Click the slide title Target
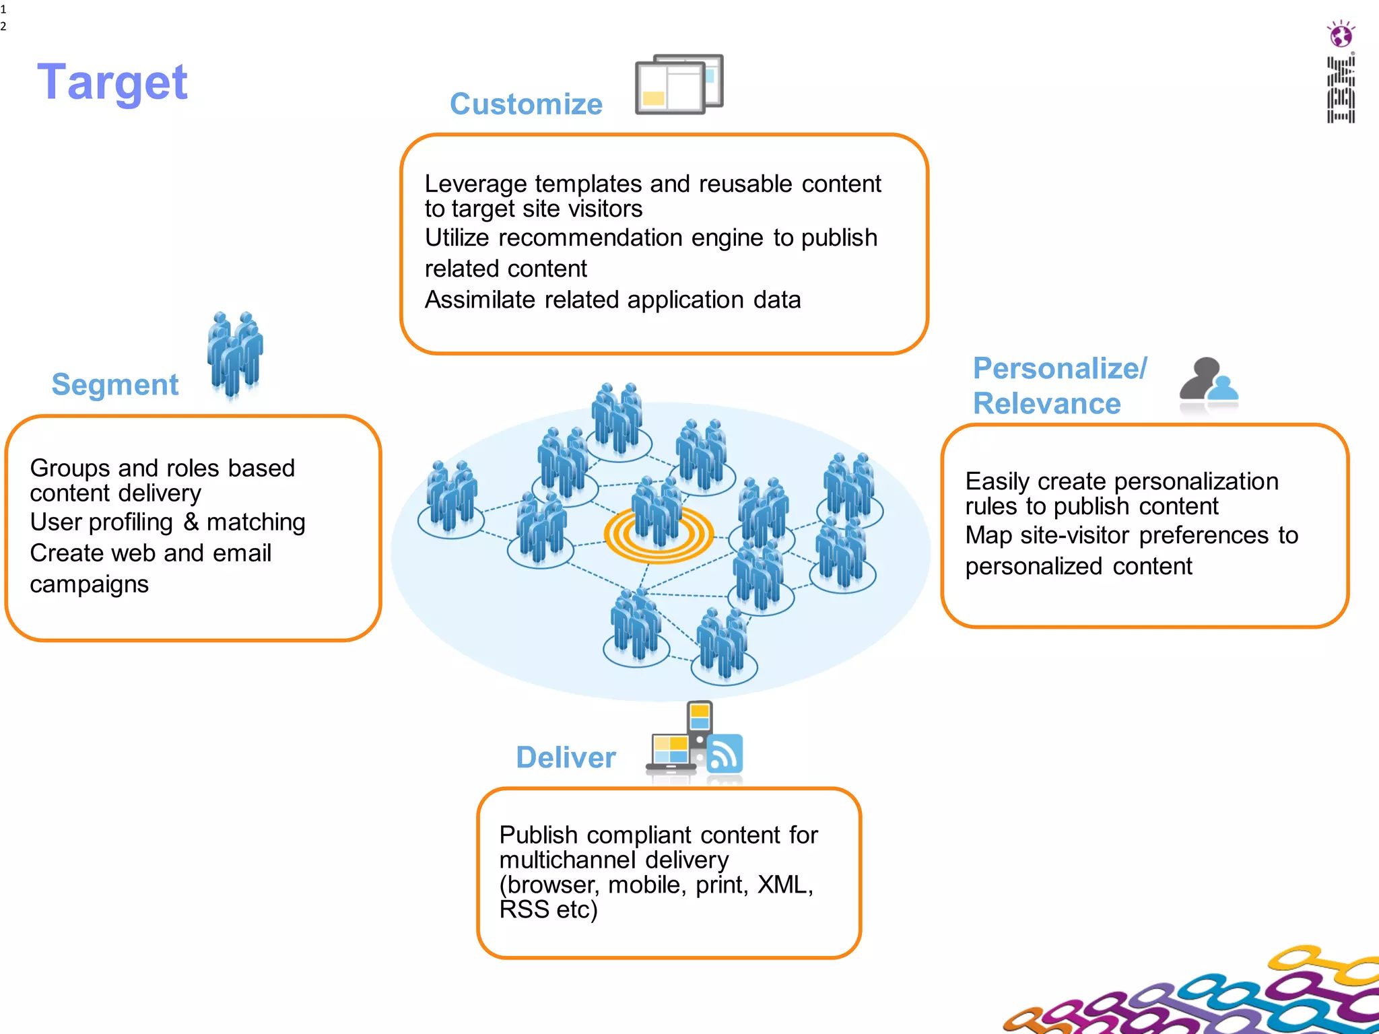[112, 82]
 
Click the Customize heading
[526, 104]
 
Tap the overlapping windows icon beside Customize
[679, 85]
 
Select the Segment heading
[115, 385]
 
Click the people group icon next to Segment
[234, 354]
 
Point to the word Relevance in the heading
[1047, 404]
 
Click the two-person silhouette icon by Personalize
[1209, 384]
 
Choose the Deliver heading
[566, 758]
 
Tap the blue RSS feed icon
[725, 755]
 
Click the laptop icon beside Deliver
[671, 753]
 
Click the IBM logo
[1341, 90]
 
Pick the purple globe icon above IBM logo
[1341, 34]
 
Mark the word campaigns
[89, 584]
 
